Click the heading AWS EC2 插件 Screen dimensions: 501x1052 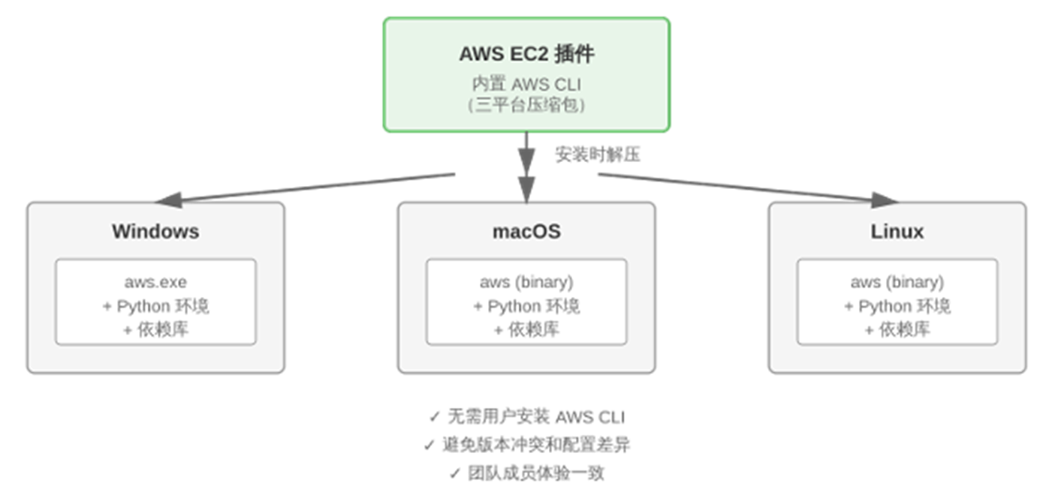tap(526, 54)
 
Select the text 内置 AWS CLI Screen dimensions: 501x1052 tap(526, 84)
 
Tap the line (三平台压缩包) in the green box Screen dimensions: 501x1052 tap(526, 105)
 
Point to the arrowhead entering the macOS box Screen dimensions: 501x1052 tap(526, 189)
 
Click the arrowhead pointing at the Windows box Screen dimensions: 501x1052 tap(168, 199)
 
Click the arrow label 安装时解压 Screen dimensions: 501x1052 tap(598, 155)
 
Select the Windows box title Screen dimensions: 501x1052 tap(155, 231)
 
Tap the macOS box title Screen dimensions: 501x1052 tap(526, 231)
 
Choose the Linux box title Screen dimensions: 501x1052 tap(897, 231)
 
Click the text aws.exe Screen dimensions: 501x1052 tap(155, 283)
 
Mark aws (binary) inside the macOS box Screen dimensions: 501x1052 tap(526, 283)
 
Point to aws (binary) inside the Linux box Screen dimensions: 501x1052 tap(897, 283)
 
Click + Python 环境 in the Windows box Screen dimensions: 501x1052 tap(155, 307)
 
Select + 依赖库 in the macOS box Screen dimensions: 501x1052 tap(526, 330)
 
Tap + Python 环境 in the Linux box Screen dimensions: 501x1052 tap(897, 307)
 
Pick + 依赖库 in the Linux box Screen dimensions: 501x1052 tap(897, 330)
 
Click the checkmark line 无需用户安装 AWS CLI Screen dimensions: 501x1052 tap(526, 416)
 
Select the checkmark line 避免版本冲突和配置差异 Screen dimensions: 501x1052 tap(526, 445)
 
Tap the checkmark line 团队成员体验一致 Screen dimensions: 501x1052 tap(526, 473)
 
